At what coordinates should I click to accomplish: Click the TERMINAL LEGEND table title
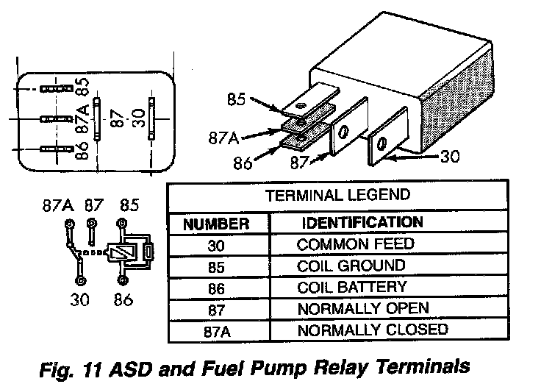338,196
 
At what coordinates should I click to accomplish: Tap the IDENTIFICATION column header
362,222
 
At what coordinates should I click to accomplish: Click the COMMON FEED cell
356,244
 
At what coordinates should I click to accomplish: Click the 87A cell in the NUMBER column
217,331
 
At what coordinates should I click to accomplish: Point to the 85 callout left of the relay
256,97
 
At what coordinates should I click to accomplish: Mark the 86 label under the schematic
122,299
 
